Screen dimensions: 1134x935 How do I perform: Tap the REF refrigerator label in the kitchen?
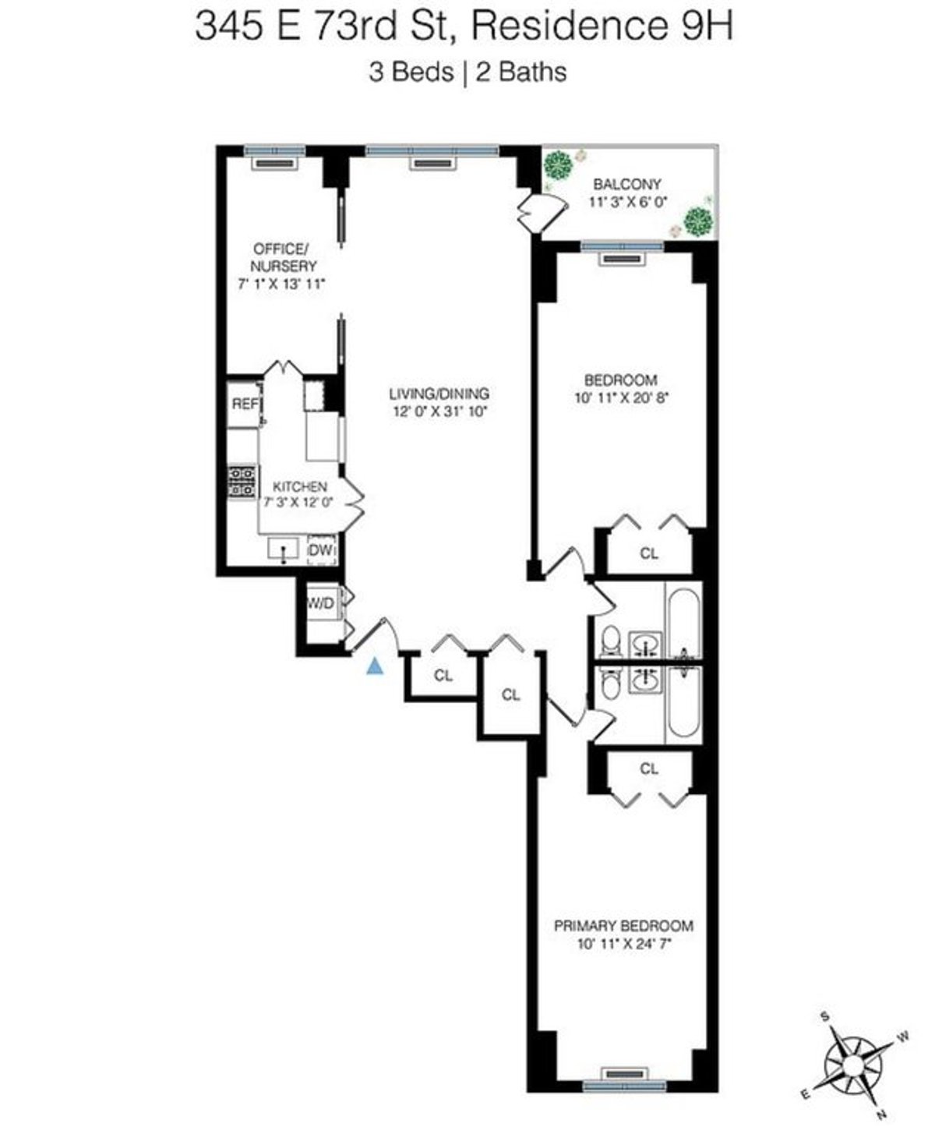pyautogui.click(x=245, y=404)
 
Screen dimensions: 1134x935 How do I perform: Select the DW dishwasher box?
pyautogui.click(x=321, y=551)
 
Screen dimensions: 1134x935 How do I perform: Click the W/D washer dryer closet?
pyautogui.click(x=320, y=602)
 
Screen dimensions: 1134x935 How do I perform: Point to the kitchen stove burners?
pyautogui.click(x=242, y=481)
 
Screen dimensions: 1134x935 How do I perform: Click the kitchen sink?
pyautogui.click(x=284, y=549)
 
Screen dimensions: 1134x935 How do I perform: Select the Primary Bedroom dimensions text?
pyautogui.click(x=623, y=944)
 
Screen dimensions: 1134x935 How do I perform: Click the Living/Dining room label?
pyautogui.click(x=440, y=394)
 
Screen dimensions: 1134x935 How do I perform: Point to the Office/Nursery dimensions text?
pyautogui.click(x=280, y=284)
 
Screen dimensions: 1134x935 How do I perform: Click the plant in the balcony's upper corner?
pyautogui.click(x=559, y=165)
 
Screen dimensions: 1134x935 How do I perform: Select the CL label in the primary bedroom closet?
pyautogui.click(x=649, y=768)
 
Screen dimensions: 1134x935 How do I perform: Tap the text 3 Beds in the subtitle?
pyautogui.click(x=411, y=72)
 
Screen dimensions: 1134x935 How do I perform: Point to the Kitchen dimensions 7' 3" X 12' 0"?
pyautogui.click(x=298, y=503)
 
